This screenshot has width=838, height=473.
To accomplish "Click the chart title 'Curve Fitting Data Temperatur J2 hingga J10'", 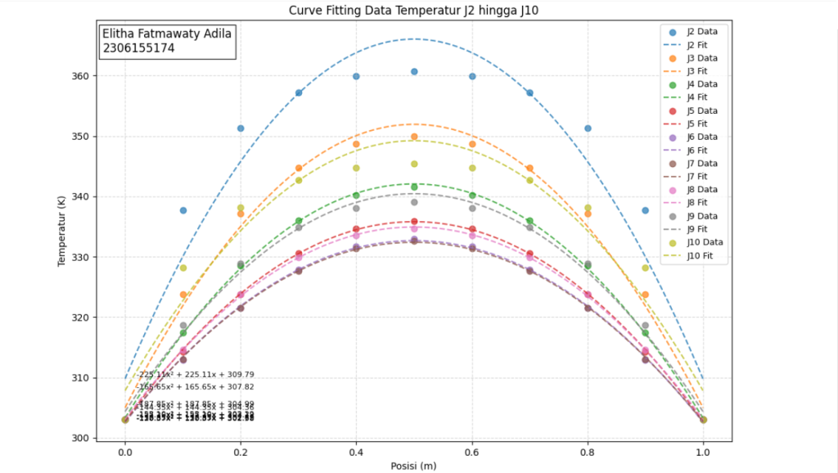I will tap(413, 11).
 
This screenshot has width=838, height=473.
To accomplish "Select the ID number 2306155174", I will tap(138, 48).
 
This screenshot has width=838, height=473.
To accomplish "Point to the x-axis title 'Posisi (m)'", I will tap(413, 466).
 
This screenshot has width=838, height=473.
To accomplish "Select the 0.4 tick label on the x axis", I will tap(356, 451).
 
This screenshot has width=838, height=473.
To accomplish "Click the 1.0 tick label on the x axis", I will tap(703, 451).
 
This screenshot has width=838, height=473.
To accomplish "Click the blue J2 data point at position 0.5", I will tap(414, 72).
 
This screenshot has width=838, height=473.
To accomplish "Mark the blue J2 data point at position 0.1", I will tap(183, 210).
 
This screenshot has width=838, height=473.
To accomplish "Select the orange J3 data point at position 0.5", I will tap(414, 137).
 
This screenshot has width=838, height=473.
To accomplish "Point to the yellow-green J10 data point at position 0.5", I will tap(414, 164).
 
